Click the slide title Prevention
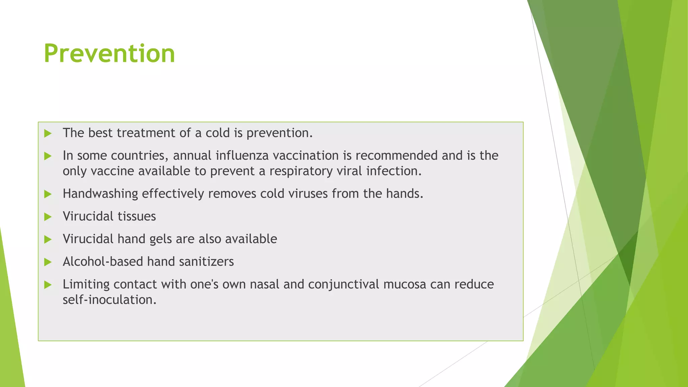coord(109,54)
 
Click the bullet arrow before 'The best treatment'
coord(48,133)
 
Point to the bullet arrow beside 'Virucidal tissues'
coord(48,217)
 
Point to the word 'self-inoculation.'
coord(110,300)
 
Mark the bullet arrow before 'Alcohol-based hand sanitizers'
coord(48,262)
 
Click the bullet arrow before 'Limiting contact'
coord(48,285)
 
